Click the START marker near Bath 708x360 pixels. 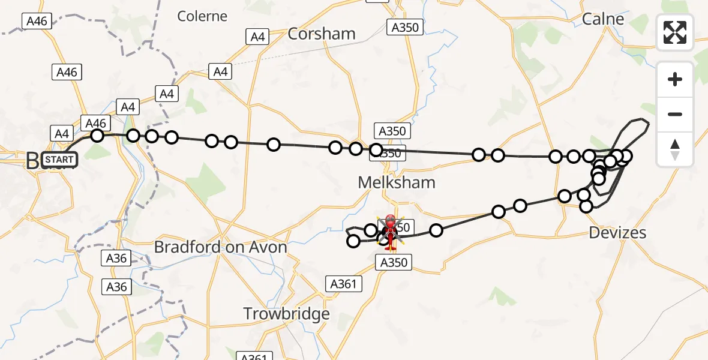(x=60, y=159)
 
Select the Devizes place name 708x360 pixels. (x=617, y=232)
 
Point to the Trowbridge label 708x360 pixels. (x=286, y=313)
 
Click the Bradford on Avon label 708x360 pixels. (x=220, y=247)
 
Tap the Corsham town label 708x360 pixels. (x=322, y=34)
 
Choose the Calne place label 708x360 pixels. (x=603, y=19)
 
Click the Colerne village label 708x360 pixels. (x=202, y=16)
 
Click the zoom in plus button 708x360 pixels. (x=675, y=79)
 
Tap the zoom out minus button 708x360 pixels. (x=675, y=114)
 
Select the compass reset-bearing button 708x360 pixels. (x=675, y=149)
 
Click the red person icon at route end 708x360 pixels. (x=390, y=232)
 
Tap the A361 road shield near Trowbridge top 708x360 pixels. (x=344, y=283)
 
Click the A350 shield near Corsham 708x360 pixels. (x=406, y=27)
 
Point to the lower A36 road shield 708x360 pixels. (x=116, y=287)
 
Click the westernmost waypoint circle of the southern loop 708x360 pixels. (x=353, y=241)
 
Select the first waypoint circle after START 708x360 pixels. (x=97, y=136)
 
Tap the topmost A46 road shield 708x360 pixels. (x=37, y=21)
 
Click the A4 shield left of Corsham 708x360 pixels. (x=257, y=37)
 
